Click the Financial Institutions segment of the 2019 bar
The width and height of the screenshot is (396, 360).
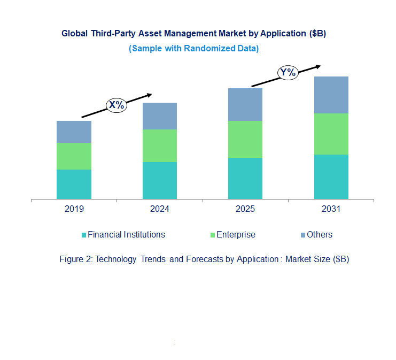point(74,184)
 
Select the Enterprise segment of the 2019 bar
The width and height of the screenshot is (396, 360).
point(74,156)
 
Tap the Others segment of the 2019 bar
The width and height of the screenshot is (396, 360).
point(74,132)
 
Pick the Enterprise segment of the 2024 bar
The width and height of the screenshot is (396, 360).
point(159,145)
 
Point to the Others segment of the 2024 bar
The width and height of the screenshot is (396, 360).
point(159,116)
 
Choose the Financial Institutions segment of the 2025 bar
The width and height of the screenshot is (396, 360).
point(245,178)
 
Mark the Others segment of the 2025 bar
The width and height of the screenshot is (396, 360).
point(245,104)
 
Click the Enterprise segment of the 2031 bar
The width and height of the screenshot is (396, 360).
point(331,134)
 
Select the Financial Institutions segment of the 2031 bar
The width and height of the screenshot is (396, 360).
point(331,177)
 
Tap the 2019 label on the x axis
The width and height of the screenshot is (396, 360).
point(74,209)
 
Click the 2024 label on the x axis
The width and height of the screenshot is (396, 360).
point(159,209)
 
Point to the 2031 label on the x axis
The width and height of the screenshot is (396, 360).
point(331,209)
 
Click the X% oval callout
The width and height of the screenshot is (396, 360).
point(117,105)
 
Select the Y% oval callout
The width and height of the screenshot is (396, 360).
point(288,73)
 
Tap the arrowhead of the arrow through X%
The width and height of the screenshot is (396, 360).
point(149,95)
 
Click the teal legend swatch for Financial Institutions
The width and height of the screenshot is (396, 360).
point(83,235)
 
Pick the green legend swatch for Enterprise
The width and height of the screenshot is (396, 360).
point(212,235)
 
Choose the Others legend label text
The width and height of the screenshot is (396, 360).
point(320,234)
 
